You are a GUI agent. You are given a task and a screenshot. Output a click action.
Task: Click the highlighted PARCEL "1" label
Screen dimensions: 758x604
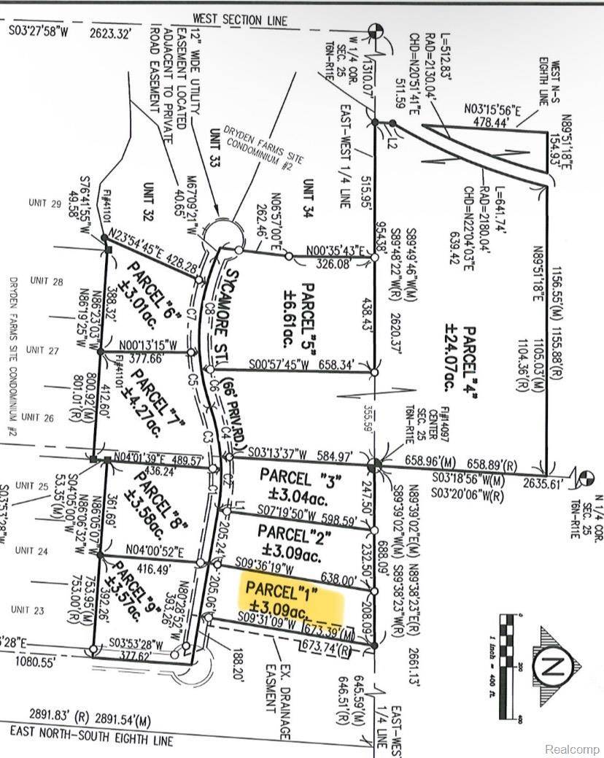[x=291, y=597]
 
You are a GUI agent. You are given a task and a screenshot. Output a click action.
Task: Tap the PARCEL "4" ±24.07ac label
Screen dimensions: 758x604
[x=443, y=328]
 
